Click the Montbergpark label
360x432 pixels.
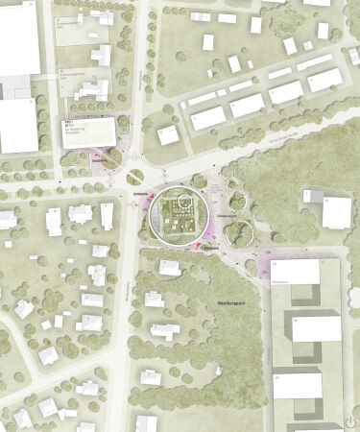[228, 301]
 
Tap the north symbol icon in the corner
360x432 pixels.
[350, 420]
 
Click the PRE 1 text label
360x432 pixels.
[69, 124]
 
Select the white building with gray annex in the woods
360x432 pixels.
[336, 212]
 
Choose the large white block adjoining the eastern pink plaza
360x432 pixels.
[294, 272]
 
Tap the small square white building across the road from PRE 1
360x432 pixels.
[168, 134]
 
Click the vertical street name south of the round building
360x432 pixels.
[128, 288]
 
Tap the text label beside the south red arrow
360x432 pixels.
[210, 247]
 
